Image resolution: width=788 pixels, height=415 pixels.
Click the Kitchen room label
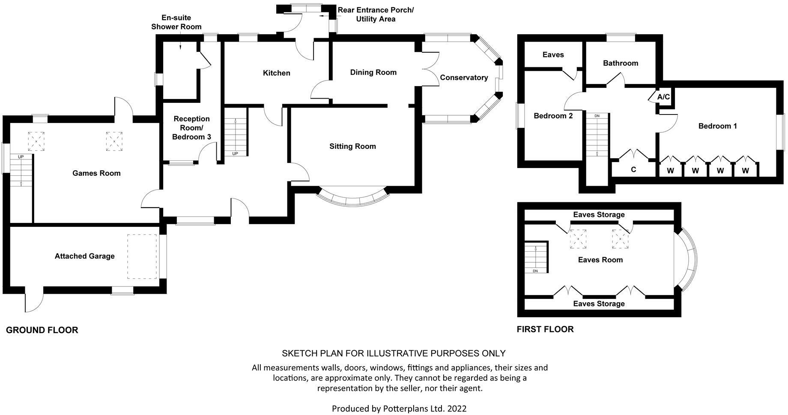click(276, 73)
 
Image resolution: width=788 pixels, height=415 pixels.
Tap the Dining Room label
click(373, 72)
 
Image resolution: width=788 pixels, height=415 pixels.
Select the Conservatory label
click(464, 78)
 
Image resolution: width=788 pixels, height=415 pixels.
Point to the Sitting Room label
click(352, 146)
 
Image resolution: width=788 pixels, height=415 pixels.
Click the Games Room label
click(96, 173)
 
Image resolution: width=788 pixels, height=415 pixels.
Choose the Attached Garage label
click(84, 256)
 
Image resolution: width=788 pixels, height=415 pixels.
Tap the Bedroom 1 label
click(717, 126)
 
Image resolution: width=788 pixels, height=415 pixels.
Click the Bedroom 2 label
click(553, 116)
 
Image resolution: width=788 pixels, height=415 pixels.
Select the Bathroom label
click(620, 63)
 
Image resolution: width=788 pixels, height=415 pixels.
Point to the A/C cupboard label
click(663, 97)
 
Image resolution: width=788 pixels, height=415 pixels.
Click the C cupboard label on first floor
click(633, 169)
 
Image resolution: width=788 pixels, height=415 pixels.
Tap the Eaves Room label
click(600, 260)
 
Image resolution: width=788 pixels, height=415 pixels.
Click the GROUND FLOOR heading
click(42, 330)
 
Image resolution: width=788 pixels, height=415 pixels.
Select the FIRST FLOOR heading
click(545, 329)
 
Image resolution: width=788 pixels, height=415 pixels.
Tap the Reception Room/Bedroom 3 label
click(191, 128)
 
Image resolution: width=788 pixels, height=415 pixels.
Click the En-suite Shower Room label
click(176, 22)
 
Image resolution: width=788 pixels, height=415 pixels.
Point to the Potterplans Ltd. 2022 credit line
click(399, 409)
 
